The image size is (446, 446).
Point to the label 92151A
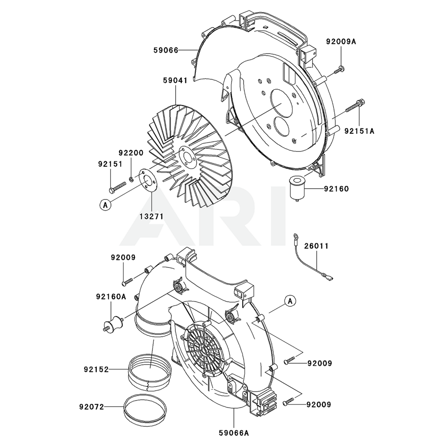359,131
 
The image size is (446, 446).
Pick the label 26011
316,246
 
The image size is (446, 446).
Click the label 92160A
111,296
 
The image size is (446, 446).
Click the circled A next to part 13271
105,205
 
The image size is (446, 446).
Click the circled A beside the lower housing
290,301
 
